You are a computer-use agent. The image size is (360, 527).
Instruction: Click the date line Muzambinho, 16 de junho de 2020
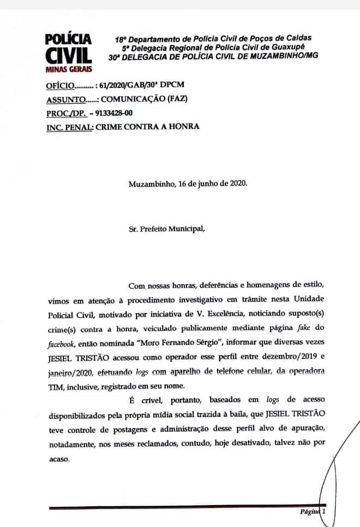tap(187, 183)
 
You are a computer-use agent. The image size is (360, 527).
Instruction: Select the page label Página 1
tap(313, 512)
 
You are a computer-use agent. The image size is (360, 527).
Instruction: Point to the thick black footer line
tap(180, 507)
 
